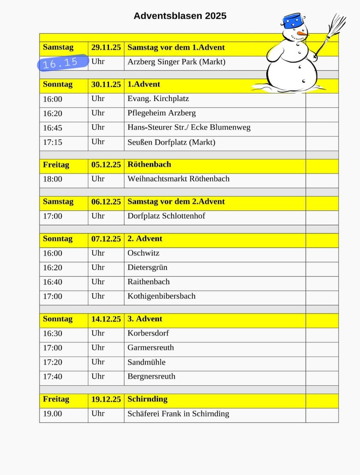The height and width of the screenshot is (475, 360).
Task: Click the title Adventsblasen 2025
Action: pos(180,16)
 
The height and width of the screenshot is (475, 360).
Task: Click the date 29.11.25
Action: pos(106,47)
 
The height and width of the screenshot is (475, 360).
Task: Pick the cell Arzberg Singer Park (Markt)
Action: pos(176,62)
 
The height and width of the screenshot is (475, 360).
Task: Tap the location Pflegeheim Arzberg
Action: pos(161,113)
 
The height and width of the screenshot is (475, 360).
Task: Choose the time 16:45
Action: pos(53,128)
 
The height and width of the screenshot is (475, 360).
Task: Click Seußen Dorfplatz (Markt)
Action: pos(171,142)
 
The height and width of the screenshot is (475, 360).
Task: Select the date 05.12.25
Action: pos(106,164)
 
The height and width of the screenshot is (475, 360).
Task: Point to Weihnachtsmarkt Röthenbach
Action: pos(178,179)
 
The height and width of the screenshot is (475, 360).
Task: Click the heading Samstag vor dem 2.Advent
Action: pos(176,201)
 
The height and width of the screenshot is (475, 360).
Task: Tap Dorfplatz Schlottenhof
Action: pos(166,216)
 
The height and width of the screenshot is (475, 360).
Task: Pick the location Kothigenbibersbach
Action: pos(161,296)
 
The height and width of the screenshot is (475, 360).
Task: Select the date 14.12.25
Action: pos(106,319)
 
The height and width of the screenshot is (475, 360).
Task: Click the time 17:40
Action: pos(53,376)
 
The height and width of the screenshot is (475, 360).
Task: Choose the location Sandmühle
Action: pos(146,362)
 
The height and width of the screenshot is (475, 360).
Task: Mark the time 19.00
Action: pos(53,413)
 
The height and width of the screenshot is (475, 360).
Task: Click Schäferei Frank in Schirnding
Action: pos(178,413)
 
